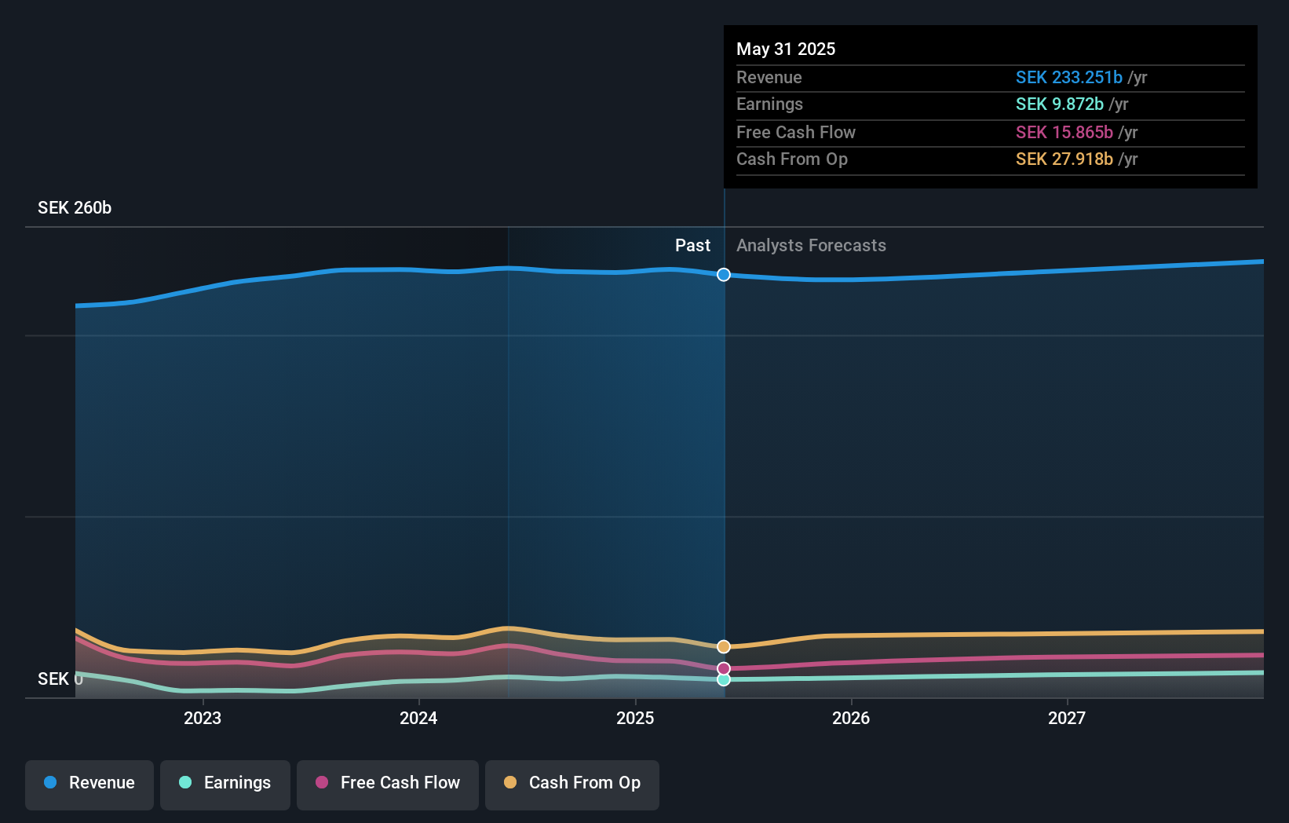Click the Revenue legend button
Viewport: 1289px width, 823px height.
[89, 783]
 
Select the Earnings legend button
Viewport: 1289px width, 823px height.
[225, 783]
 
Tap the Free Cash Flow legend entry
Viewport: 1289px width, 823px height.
[388, 783]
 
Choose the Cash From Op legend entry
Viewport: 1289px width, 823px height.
[572, 783]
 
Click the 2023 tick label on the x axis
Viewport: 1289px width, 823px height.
[203, 718]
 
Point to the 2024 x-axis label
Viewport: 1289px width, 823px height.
[418, 718]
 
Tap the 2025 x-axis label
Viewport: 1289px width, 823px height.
[635, 718]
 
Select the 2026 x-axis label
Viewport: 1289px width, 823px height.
[851, 718]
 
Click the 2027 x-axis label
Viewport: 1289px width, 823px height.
[1067, 718]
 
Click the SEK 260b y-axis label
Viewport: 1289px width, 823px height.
[75, 207]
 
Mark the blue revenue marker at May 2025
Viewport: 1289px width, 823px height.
[724, 274]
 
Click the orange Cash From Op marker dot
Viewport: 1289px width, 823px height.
[724, 646]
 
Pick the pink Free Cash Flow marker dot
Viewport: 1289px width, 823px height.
[724, 668]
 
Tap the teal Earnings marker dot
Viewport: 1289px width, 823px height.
[724, 679]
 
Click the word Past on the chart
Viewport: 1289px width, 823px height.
[692, 245]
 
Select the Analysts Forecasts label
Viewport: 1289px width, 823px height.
[811, 245]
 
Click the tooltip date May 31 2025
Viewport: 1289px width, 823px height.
[786, 49]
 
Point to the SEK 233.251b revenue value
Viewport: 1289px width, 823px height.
[1068, 77]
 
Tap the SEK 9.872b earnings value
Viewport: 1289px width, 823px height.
[1059, 104]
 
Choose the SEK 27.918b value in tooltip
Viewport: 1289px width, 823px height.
[1064, 159]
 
